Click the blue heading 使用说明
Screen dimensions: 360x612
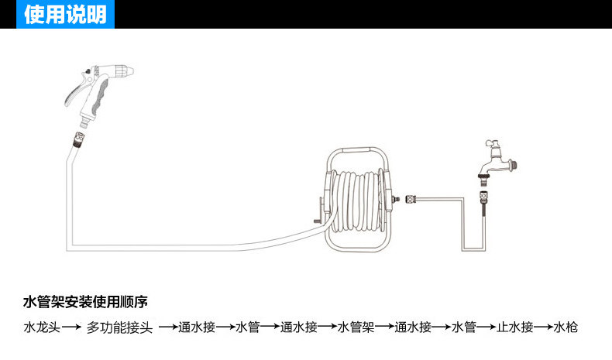click(65, 14)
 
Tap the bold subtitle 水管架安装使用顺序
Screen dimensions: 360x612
click(85, 300)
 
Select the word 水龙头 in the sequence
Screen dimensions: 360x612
click(41, 327)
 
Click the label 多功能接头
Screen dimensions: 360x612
click(120, 327)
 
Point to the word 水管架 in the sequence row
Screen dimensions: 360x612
click(356, 327)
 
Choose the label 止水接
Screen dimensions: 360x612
click(516, 327)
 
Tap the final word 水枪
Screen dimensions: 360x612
click(566, 327)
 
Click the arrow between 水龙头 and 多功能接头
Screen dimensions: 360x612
click(71, 327)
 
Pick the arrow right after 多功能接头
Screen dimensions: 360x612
click(168, 327)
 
